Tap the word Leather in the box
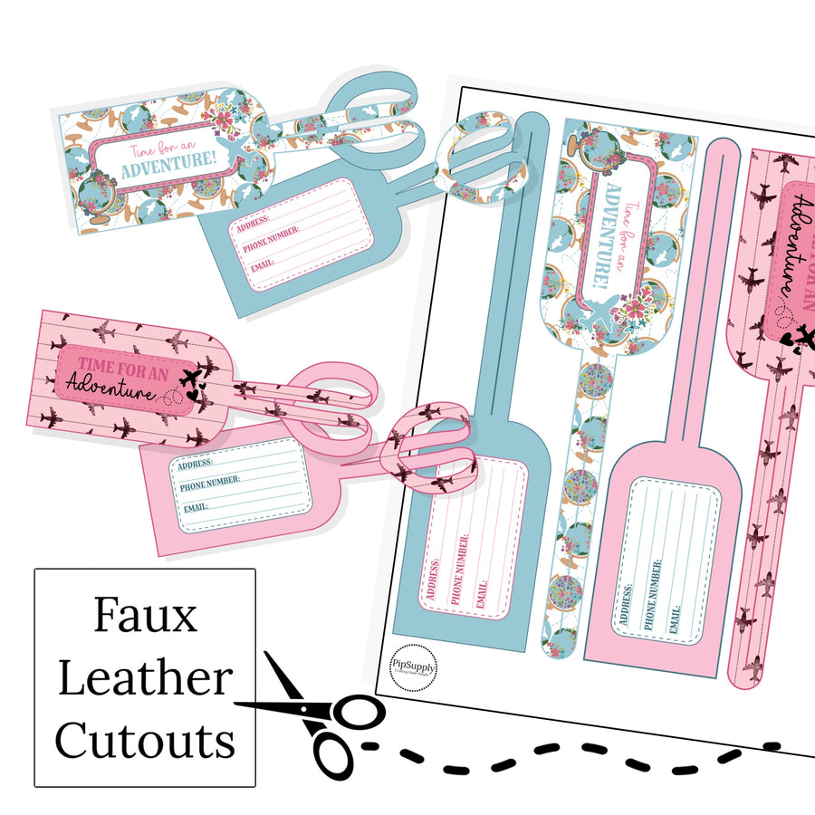(x=145, y=679)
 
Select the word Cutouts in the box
(x=145, y=740)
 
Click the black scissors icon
(x=317, y=715)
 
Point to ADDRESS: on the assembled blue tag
(x=258, y=223)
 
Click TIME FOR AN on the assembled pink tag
(x=123, y=365)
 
